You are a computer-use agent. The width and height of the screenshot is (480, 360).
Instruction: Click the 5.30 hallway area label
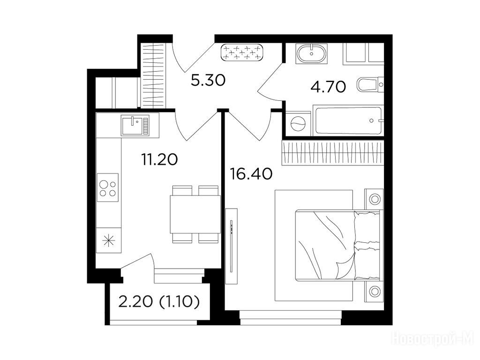point(208,81)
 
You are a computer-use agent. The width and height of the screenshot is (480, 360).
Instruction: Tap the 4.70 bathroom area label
point(328,87)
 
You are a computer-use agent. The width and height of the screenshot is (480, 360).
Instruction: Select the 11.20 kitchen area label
point(159,159)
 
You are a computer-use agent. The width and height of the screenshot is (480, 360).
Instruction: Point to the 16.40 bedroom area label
point(251,174)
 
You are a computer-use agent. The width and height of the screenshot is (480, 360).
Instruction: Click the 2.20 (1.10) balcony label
point(159,302)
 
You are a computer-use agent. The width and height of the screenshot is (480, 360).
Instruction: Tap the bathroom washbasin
point(312,53)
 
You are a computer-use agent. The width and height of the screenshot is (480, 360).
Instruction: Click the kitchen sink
point(135,125)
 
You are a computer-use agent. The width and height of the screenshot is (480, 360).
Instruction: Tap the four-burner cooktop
point(108,187)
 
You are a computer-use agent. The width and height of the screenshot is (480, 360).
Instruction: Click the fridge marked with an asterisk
point(108,240)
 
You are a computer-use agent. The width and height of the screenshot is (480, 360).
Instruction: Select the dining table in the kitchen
point(195,214)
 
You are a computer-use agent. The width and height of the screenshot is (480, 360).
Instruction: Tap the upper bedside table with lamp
point(374,199)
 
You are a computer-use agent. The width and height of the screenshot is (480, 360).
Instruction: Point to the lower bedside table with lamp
point(374,291)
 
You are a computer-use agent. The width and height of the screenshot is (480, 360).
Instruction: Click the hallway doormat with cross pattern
point(242,52)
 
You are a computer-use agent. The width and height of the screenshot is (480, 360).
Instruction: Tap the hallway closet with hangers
point(154,75)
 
